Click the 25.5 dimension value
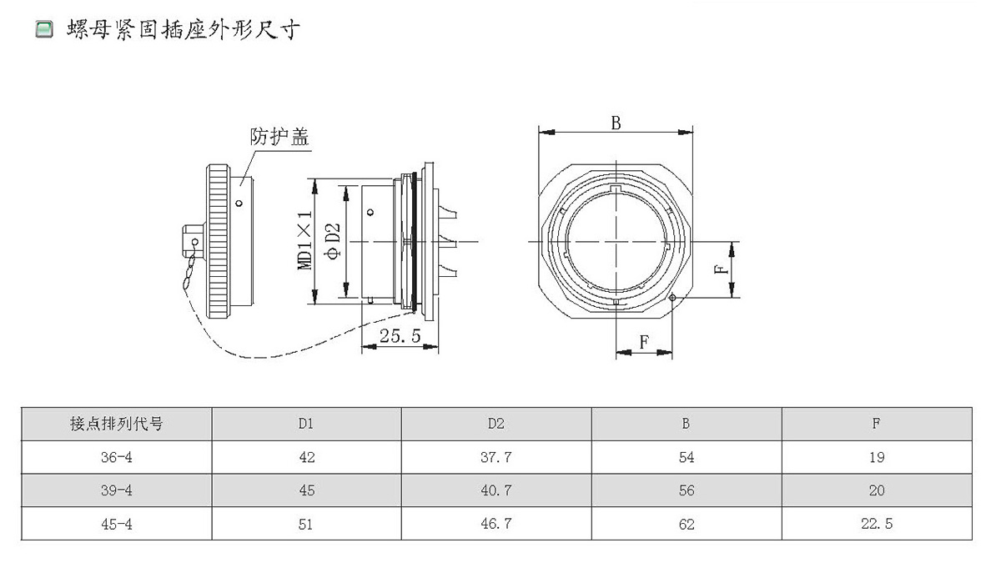point(400,336)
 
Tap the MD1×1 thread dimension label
point(306,240)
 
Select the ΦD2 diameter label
point(332,240)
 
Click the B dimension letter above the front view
point(616,123)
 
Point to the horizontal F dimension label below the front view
point(644,342)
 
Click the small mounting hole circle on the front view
point(672,297)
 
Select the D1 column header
point(306,424)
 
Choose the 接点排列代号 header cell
point(116,424)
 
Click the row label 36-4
point(116,457)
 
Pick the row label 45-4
point(116,524)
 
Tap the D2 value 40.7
point(496,490)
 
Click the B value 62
point(687,524)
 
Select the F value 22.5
point(876,524)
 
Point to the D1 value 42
point(306,457)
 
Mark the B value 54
point(687,457)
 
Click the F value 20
point(876,490)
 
